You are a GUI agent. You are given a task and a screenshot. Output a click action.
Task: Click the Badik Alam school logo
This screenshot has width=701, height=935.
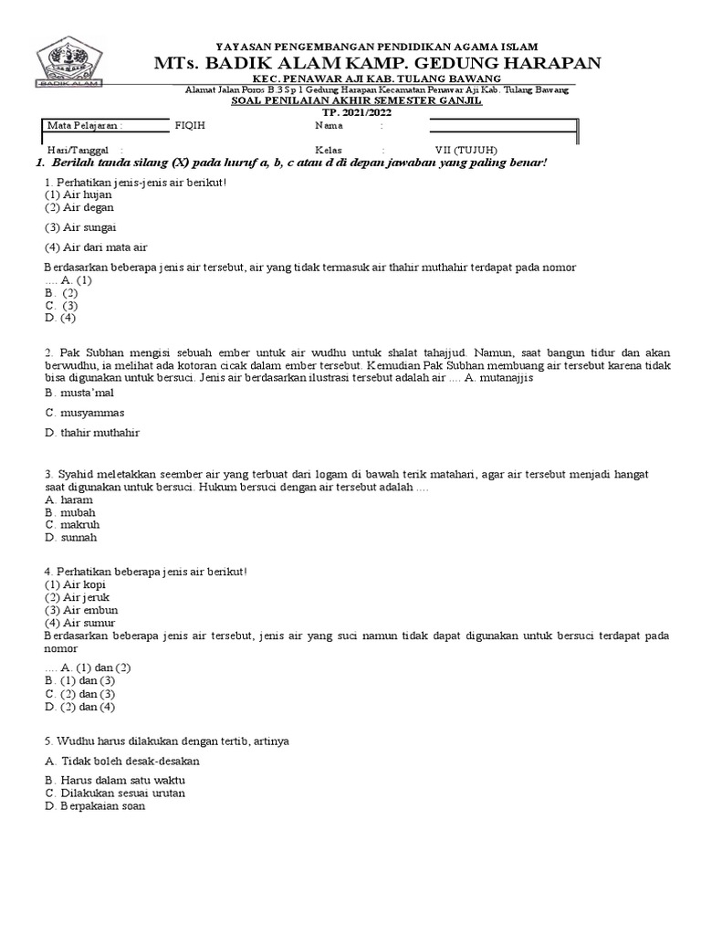tap(70, 62)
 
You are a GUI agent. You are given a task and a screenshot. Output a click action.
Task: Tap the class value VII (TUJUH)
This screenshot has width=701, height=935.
tap(466, 151)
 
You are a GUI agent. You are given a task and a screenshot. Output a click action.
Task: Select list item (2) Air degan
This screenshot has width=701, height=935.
tap(79, 207)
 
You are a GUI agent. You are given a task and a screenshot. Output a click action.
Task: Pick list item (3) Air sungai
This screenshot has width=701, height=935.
tap(80, 226)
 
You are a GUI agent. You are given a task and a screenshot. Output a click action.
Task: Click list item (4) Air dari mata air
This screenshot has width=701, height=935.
tap(96, 247)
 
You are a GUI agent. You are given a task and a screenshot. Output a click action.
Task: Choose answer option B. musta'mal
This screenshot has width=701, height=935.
tap(79, 392)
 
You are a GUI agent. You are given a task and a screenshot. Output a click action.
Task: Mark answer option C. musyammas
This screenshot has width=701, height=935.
tap(84, 412)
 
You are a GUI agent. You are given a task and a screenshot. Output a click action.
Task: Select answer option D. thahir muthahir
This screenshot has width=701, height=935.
tap(91, 432)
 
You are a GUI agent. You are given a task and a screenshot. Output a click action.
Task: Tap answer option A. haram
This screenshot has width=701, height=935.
tap(68, 501)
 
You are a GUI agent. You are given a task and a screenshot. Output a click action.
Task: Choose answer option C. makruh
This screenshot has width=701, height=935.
tap(72, 525)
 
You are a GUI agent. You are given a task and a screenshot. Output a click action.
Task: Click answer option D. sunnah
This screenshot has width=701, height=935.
tap(70, 537)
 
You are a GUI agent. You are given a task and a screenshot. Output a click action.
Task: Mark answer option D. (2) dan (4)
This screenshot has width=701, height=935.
tap(79, 707)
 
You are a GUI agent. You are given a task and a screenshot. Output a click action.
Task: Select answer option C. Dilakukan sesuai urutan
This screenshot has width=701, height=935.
tap(114, 793)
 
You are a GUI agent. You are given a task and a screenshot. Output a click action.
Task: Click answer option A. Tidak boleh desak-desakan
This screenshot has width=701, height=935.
tap(121, 761)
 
